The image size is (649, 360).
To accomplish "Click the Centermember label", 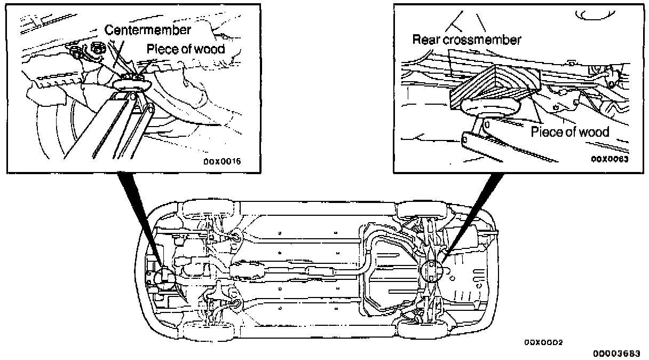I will [x=147, y=30].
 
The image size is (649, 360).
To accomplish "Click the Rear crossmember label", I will [x=466, y=39].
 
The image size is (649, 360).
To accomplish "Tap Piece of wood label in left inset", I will [x=186, y=49].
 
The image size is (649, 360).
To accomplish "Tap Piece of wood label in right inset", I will [x=570, y=132].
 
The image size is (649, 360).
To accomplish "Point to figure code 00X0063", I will [x=609, y=159].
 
